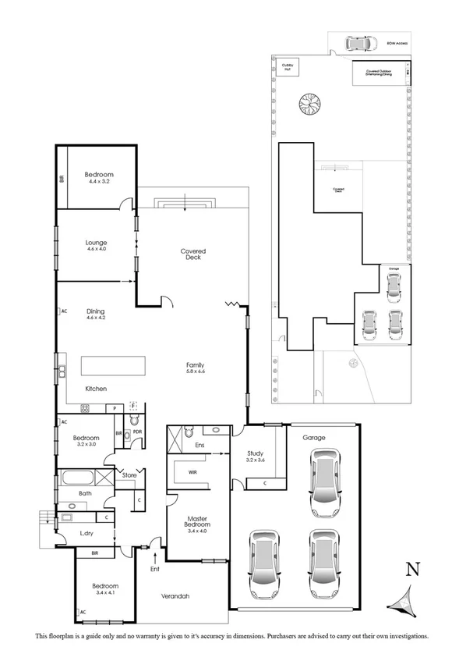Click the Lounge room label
click(96, 245)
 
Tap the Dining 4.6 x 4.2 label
click(96, 313)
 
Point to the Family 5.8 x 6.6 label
click(195, 368)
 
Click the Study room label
click(256, 456)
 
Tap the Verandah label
click(175, 596)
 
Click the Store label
click(129, 474)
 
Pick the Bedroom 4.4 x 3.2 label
click(100, 177)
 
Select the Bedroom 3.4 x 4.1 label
click(105, 589)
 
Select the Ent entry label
click(156, 568)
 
